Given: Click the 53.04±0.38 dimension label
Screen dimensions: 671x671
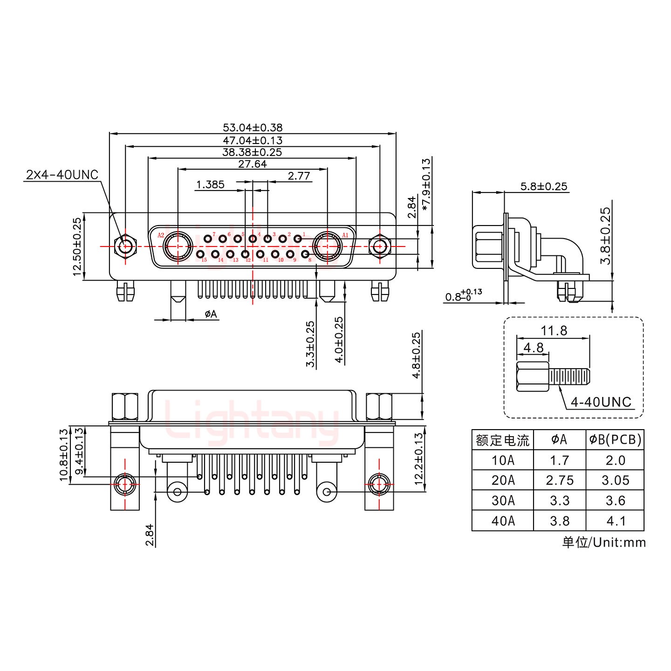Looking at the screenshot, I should [253, 127].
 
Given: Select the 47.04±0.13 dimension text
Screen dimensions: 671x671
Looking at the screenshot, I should [253, 140].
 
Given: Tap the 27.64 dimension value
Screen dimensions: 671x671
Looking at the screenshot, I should [253, 164].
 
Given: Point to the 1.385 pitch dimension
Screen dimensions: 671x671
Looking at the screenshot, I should [210, 185].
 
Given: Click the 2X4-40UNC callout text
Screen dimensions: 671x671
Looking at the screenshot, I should [62, 175].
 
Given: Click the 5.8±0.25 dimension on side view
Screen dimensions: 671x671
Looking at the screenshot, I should [544, 187].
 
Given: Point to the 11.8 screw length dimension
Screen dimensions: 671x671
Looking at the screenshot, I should [554, 331].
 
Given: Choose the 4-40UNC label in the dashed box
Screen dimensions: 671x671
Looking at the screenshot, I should [601, 402].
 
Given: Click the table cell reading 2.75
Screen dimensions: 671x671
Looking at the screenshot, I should [560, 480].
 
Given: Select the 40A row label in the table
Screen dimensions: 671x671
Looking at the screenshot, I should [503, 520].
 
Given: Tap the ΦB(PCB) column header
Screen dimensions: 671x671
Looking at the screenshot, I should [615, 439].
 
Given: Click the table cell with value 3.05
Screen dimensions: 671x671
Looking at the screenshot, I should [615, 480].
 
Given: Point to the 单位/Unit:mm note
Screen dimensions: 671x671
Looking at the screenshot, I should [604, 542].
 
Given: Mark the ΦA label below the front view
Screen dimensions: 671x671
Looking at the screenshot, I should [211, 315].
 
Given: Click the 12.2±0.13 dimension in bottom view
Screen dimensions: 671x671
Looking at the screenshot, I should [418, 459].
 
